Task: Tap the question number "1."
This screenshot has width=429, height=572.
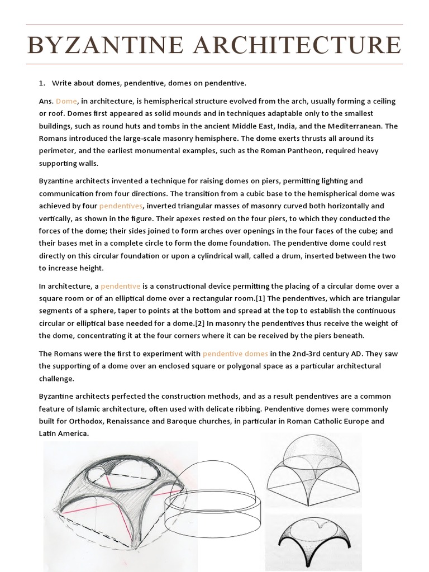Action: click(x=42, y=83)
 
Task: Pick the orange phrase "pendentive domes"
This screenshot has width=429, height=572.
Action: click(x=235, y=354)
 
